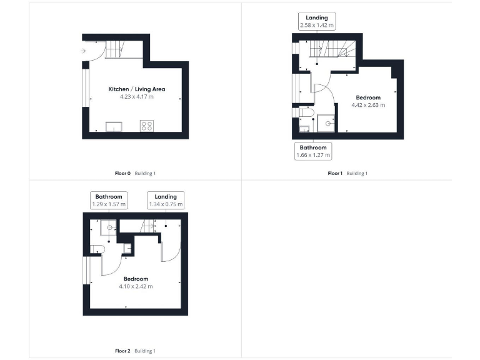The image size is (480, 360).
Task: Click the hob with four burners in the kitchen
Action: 147,126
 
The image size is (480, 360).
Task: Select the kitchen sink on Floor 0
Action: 114,127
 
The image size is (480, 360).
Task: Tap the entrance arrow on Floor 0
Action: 84,51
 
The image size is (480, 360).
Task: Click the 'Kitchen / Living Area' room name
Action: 136,89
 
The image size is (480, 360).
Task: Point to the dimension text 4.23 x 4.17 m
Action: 136,97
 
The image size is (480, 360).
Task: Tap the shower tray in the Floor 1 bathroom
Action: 326,123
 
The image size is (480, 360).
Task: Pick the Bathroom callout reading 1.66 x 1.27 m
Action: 313,151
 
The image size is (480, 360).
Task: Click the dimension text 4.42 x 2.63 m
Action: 368,105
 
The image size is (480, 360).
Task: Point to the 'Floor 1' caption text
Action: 335,173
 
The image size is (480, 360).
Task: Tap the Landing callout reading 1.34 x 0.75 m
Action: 166,200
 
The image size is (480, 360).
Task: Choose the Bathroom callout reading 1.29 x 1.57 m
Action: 109,200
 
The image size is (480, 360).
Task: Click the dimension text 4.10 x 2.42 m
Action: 136,286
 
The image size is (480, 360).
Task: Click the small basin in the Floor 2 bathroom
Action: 127,249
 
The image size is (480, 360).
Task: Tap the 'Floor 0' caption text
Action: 123,173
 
